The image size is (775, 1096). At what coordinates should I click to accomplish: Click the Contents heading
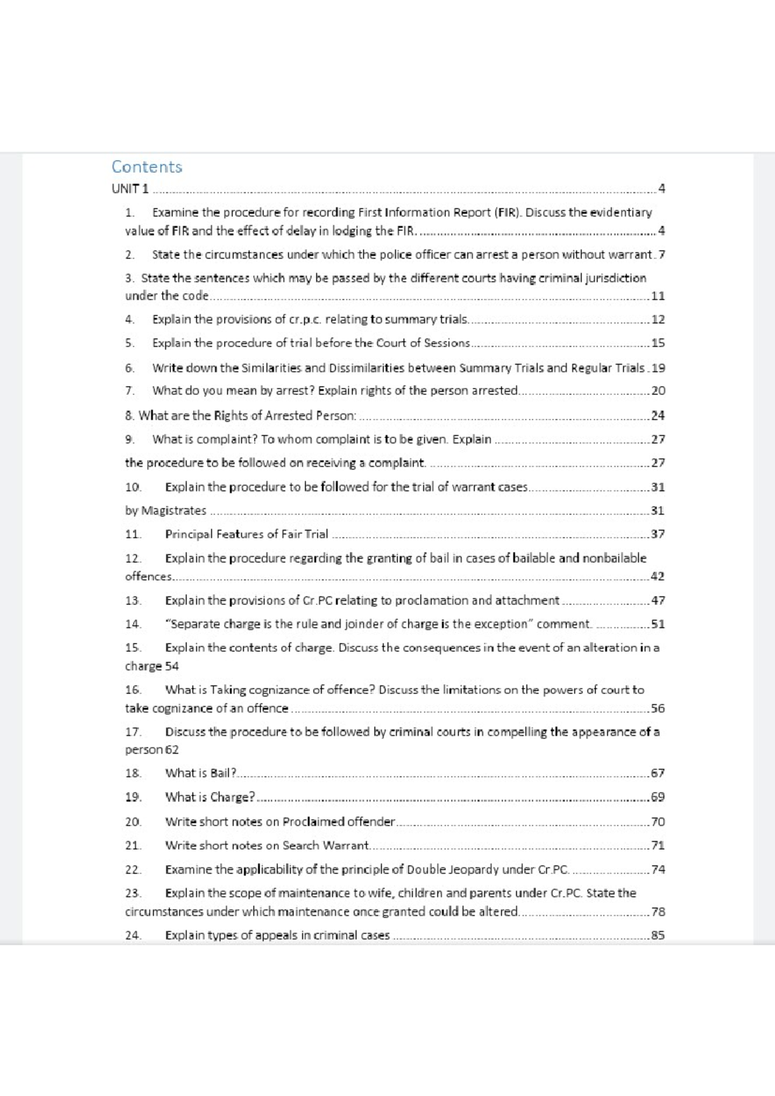pos(147,167)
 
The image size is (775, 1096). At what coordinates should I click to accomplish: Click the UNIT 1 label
pos(130,188)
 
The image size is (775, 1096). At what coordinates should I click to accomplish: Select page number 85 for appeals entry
pos(657,935)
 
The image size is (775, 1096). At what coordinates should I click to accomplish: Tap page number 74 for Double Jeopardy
pos(657,869)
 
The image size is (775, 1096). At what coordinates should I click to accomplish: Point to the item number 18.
pos(133,773)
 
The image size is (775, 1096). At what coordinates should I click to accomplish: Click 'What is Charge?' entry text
pos(211,797)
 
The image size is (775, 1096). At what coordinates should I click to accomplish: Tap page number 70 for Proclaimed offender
pos(657,822)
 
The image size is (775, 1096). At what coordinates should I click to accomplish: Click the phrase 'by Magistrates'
pos(166,511)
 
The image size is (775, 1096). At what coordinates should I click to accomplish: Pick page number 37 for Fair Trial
pos(657,534)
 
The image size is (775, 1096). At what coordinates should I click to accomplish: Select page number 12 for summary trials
pos(657,320)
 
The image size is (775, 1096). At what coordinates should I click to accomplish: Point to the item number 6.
pos(130,368)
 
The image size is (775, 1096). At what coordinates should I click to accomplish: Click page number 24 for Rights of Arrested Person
pos(657,416)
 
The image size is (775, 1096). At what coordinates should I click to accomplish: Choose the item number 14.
pos(133,624)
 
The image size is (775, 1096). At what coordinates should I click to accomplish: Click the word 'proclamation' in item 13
pos(430,600)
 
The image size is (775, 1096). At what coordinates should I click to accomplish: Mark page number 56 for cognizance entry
pos(657,708)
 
